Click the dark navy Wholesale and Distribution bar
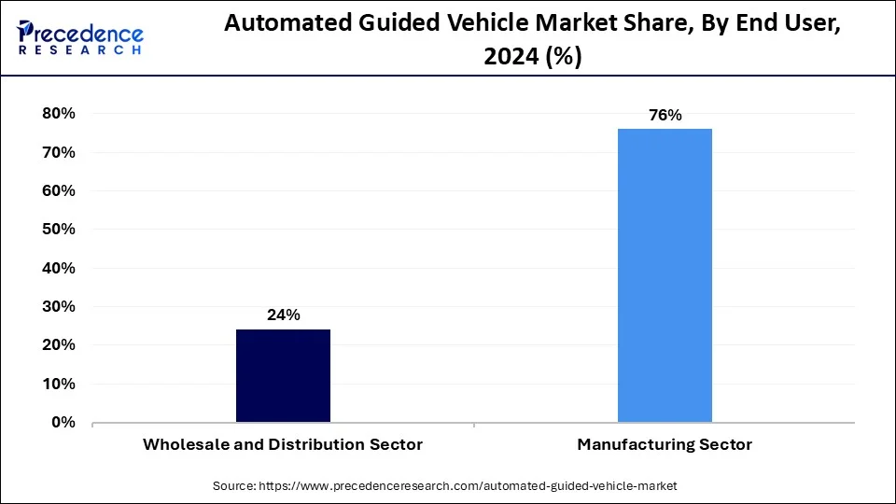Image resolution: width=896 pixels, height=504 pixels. [283, 375]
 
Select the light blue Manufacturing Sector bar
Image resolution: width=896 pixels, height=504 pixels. [665, 275]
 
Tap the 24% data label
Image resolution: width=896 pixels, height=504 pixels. [283, 315]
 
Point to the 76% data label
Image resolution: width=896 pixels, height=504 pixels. [665, 116]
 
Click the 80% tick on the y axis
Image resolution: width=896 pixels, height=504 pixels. [58, 114]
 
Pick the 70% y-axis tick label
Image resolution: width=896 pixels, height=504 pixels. [58, 152]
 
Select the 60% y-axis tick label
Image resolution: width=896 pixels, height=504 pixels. [58, 190]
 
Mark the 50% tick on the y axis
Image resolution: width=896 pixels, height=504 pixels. [58, 230]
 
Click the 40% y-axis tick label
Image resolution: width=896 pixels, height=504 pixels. [58, 268]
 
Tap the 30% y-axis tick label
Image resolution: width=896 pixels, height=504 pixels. [58, 307]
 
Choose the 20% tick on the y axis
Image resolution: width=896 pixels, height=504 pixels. [58, 345]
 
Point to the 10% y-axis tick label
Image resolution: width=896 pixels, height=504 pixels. [58, 384]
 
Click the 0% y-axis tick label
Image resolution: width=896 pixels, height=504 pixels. [63, 423]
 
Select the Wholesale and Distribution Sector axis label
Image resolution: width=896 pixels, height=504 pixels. [283, 445]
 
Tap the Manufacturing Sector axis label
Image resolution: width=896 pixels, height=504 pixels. [665, 445]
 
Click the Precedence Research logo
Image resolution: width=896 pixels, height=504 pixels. [80, 37]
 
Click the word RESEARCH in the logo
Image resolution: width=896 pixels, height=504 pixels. [80, 50]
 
